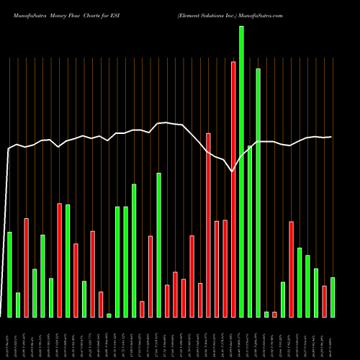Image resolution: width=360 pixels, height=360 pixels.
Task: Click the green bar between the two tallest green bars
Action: tap(250, 230)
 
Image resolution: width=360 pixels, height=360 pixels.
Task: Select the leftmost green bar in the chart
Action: tap(9, 274)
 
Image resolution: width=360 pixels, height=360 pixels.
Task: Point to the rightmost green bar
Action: tap(333, 297)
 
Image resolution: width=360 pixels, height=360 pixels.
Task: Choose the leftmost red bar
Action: tap(26, 267)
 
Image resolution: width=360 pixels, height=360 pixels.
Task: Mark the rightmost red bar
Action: tap(324, 301)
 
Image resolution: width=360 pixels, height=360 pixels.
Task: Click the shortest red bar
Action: tap(274, 314)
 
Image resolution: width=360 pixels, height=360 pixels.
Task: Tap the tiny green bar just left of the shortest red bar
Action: tap(266, 314)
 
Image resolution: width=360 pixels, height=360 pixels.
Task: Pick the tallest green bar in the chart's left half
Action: tap(158, 245)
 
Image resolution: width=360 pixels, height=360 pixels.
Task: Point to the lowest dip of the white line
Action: tap(232, 171)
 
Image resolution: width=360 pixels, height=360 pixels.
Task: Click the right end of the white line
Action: tap(331, 137)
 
